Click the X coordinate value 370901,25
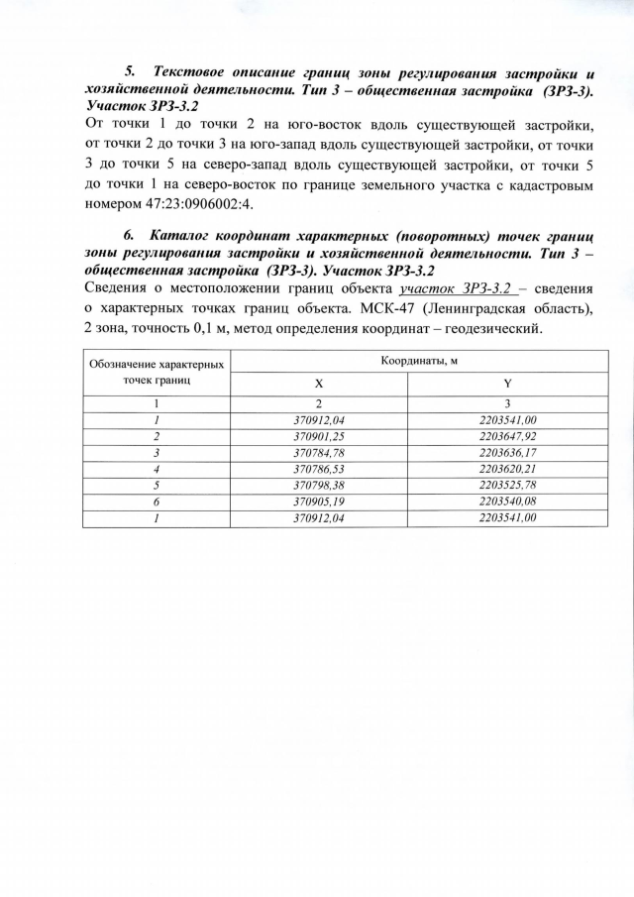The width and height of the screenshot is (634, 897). tap(318, 435)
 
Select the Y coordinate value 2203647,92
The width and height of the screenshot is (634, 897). tap(507, 435)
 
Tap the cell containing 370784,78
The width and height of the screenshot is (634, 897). tap(318, 452)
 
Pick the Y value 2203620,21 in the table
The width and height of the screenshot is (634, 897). tap(507, 469)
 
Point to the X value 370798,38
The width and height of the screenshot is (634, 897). tap(318, 486)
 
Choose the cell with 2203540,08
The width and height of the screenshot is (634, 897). tap(507, 502)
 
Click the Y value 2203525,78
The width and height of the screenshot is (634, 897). tap(507, 486)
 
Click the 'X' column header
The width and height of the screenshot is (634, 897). tap(318, 383)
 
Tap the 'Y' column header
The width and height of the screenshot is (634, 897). tap(507, 383)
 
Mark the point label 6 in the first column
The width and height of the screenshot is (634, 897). tap(157, 502)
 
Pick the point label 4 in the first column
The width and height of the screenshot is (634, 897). tap(157, 469)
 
